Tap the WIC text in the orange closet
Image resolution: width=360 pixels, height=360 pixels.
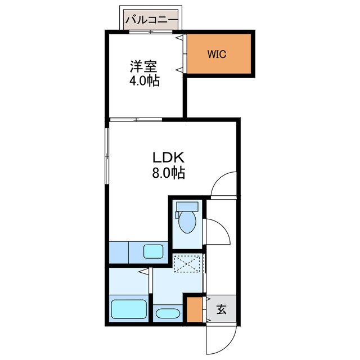(217, 55)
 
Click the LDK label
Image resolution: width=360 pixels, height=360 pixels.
(167, 157)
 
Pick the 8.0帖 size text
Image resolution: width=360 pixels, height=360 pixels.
(167, 172)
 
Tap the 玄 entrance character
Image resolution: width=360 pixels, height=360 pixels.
(221, 308)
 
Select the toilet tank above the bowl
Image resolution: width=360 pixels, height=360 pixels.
(187, 206)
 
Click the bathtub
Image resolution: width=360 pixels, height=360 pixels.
(129, 309)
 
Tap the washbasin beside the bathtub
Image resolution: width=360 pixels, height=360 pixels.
(167, 313)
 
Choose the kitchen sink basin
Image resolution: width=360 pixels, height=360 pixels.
(153, 251)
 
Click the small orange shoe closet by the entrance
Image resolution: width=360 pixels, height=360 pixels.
(194, 308)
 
